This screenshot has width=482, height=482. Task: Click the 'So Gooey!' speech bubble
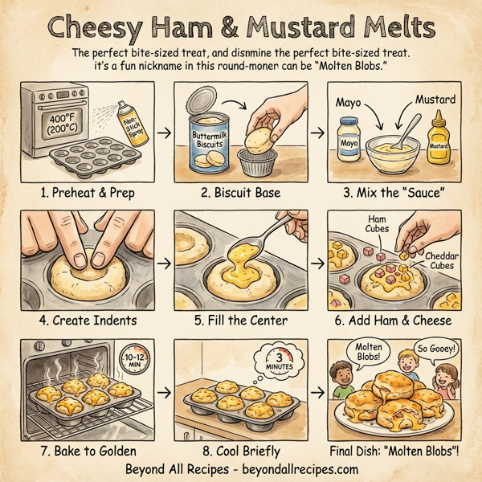coord(435,351)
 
